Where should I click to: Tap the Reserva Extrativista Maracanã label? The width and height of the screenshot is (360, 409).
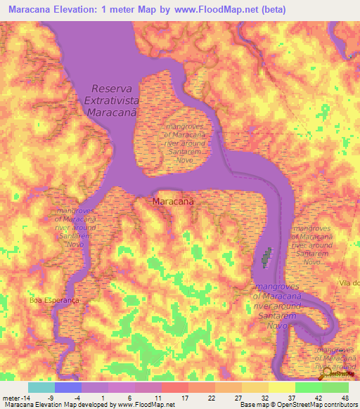click(122, 102)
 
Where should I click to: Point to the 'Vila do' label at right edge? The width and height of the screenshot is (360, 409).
click(349, 283)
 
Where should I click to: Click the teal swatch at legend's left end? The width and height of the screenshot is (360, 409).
click(41, 387)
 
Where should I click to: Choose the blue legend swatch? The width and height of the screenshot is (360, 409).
click(67, 387)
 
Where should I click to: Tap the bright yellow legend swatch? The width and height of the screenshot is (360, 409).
click(281, 387)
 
